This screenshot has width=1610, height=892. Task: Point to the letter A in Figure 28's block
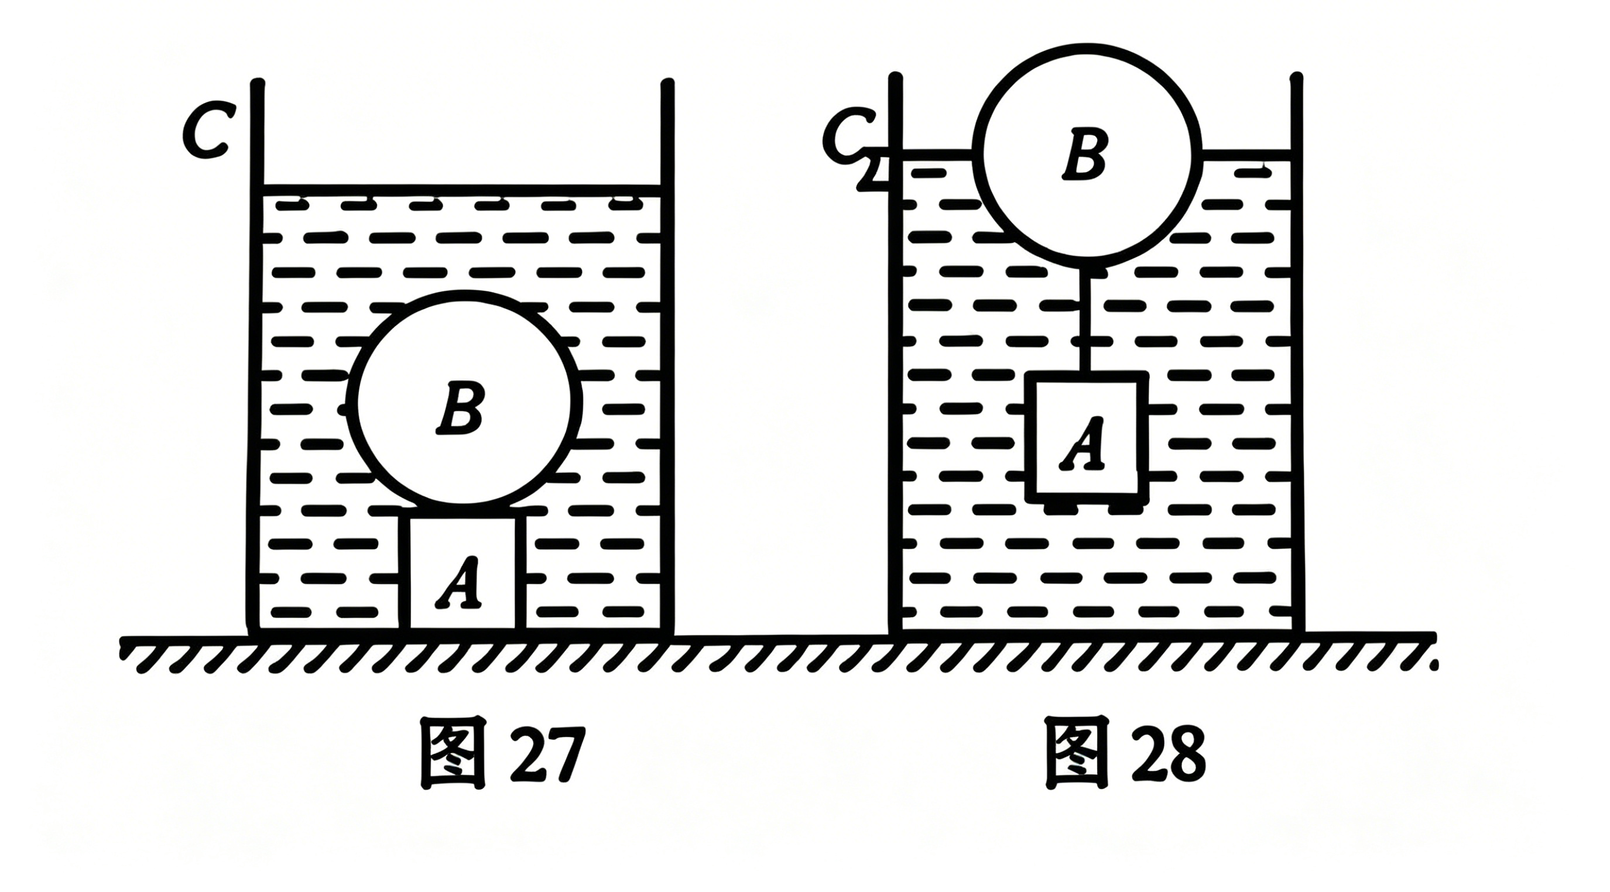pos(1083,444)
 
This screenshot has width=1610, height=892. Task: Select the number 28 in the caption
pos(1167,754)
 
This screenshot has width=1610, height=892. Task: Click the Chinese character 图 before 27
pos(454,754)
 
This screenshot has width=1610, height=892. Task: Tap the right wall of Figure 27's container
pos(667,356)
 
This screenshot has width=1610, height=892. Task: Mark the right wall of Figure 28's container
pos(1296,353)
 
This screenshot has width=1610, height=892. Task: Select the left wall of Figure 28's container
pos(896,353)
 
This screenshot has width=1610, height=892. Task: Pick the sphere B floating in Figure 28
pos(1086,152)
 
